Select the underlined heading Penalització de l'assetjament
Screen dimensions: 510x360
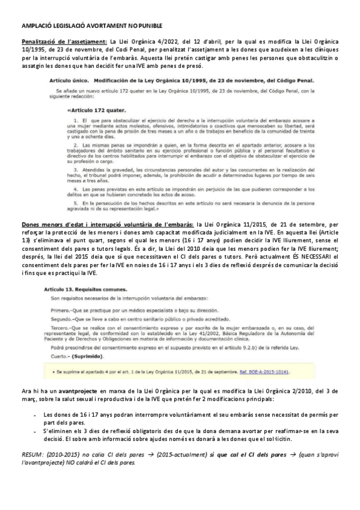click(x=58, y=41)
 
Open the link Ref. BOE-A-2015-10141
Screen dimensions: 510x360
click(x=266, y=372)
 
